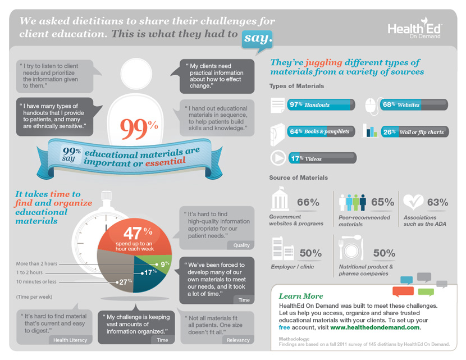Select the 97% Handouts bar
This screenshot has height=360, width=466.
[321, 104]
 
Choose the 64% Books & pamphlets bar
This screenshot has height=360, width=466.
[321, 131]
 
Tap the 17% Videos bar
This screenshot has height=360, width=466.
[321, 158]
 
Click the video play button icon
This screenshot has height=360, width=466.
[278, 158]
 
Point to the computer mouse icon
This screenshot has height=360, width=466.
[371, 105]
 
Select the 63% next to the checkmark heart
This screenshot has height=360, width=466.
[437, 202]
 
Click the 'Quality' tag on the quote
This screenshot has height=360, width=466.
[241, 245]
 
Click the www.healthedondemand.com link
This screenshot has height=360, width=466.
[375, 327]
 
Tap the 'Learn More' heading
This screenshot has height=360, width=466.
[301, 296]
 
